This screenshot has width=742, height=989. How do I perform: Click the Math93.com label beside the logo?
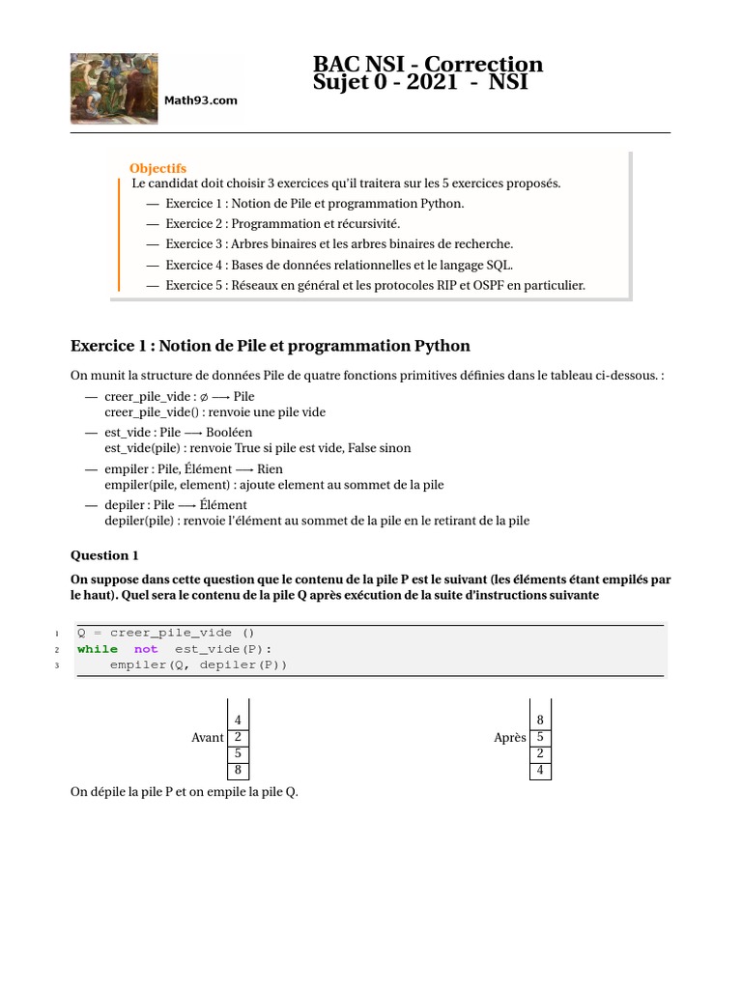click(x=200, y=100)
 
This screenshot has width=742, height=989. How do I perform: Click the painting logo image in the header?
click(x=115, y=87)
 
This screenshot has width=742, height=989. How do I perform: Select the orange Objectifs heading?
click(x=157, y=168)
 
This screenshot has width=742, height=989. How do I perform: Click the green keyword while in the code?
click(x=98, y=649)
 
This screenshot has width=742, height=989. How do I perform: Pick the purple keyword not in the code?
click(x=146, y=649)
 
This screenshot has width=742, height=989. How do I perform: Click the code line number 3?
click(x=57, y=665)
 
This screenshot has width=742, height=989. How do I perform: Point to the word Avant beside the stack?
click(x=208, y=738)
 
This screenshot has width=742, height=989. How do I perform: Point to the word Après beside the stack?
click(x=509, y=738)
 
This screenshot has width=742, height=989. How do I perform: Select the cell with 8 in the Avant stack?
click(x=238, y=771)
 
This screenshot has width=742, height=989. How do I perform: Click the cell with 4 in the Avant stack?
click(x=238, y=721)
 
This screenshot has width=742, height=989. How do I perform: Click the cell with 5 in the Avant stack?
click(x=238, y=754)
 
